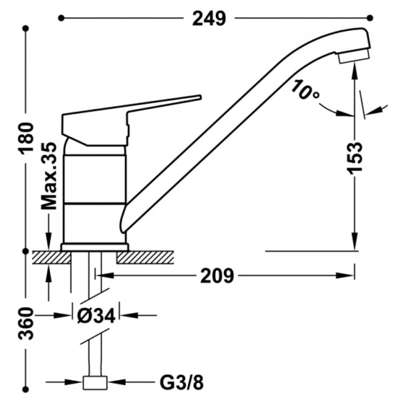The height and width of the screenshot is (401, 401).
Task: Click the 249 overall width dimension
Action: tap(209, 19)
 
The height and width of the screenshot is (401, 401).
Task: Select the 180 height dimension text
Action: tap(27, 139)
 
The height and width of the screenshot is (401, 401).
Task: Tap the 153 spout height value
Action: tap(356, 158)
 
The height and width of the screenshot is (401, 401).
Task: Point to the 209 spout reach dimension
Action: tap(217, 275)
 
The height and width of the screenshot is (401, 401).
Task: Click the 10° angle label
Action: tap(305, 90)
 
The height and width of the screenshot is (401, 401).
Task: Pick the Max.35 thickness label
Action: tap(49, 176)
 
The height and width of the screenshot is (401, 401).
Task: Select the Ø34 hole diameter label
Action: tap(96, 316)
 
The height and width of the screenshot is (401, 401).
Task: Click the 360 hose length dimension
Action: tap(26, 323)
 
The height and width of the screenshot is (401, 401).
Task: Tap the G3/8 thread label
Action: tap(182, 382)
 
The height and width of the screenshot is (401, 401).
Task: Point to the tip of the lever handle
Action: tap(200, 97)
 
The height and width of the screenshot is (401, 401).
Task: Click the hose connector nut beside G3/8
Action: tap(95, 382)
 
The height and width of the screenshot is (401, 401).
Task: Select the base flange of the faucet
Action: tap(95, 247)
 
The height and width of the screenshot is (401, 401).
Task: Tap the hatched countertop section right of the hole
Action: tap(145, 257)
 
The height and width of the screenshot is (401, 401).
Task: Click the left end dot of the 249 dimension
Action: tap(61, 18)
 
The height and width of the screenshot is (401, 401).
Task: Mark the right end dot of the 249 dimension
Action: tap(370, 18)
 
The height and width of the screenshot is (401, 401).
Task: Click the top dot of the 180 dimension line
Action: tap(25, 28)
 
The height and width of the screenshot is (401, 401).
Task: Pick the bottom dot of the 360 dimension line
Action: tap(25, 389)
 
